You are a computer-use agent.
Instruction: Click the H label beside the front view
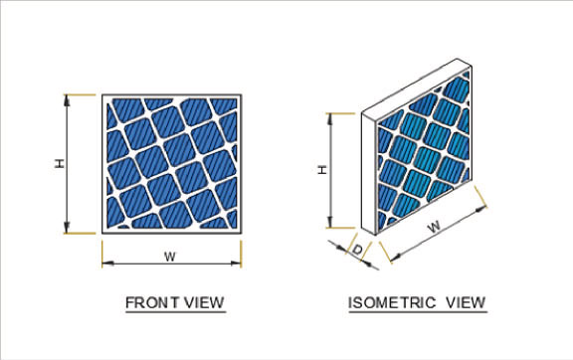click(60, 163)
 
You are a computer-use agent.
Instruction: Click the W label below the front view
click(170, 257)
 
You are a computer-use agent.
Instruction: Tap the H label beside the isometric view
click(320, 169)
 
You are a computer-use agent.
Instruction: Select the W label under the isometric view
click(434, 228)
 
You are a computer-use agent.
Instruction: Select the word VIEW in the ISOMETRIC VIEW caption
click(464, 301)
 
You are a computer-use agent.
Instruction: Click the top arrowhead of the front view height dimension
click(67, 98)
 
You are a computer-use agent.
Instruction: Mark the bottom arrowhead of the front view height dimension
click(67, 229)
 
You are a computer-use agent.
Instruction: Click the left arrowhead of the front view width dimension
click(105, 264)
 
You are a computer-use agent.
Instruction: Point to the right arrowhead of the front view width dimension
click(238, 264)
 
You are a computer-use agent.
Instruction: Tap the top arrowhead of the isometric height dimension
click(329, 117)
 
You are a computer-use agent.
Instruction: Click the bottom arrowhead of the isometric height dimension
click(329, 224)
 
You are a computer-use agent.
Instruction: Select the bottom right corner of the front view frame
click(240, 232)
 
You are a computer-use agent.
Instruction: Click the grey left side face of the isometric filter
click(373, 174)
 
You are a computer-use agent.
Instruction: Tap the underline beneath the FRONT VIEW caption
click(175, 311)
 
